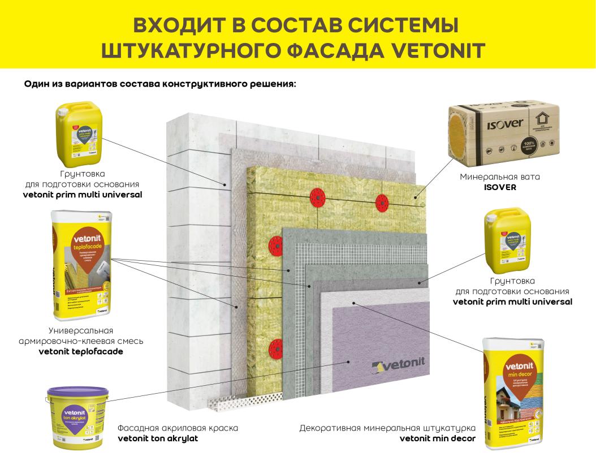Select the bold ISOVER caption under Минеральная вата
tap(500, 187)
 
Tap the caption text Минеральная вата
tap(500, 176)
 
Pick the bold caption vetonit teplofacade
tap(81, 351)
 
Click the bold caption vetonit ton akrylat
tap(158, 438)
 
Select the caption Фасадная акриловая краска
tap(178, 428)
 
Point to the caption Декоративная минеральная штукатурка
tap(387, 428)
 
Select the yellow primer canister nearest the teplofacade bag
tap(79, 130)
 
